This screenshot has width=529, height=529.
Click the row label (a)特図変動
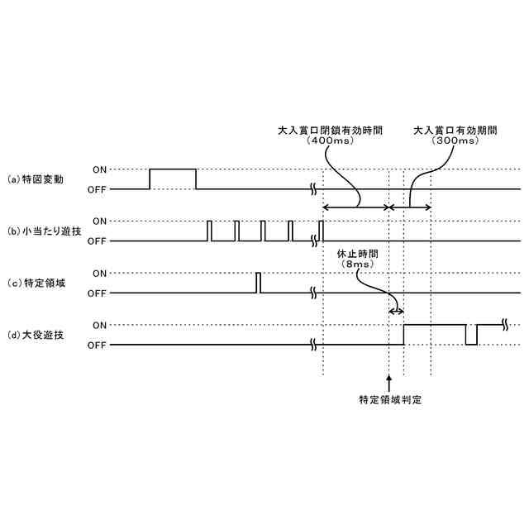pyautogui.click(x=36, y=179)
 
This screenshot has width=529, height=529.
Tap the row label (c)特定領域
pyautogui.click(x=36, y=283)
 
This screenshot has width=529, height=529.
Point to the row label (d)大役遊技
pyautogui.click(x=36, y=335)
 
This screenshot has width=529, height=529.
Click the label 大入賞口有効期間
pyautogui.click(x=455, y=131)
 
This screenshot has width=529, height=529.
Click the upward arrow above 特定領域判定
pyautogui.click(x=388, y=382)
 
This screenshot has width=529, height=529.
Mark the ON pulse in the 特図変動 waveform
pyautogui.click(x=173, y=169)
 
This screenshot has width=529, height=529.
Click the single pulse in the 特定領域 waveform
pyautogui.click(x=258, y=282)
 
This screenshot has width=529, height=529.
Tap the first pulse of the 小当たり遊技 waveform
pyautogui.click(x=210, y=231)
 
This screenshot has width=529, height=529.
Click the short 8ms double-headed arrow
pyautogui.click(x=396, y=311)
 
